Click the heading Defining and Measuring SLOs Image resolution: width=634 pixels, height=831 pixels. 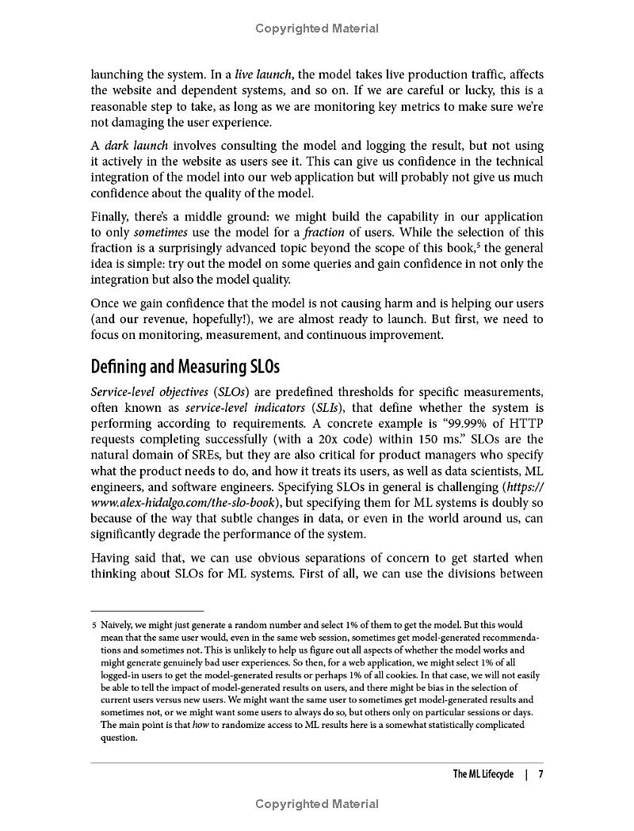coord(185,368)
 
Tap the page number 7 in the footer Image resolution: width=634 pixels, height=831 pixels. coord(540,774)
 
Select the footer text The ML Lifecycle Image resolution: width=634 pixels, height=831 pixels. coord(483,774)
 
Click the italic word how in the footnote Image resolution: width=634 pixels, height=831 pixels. coord(201,725)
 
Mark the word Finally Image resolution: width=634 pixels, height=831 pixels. coord(112,216)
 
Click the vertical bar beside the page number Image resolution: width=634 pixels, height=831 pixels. coord(526,774)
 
